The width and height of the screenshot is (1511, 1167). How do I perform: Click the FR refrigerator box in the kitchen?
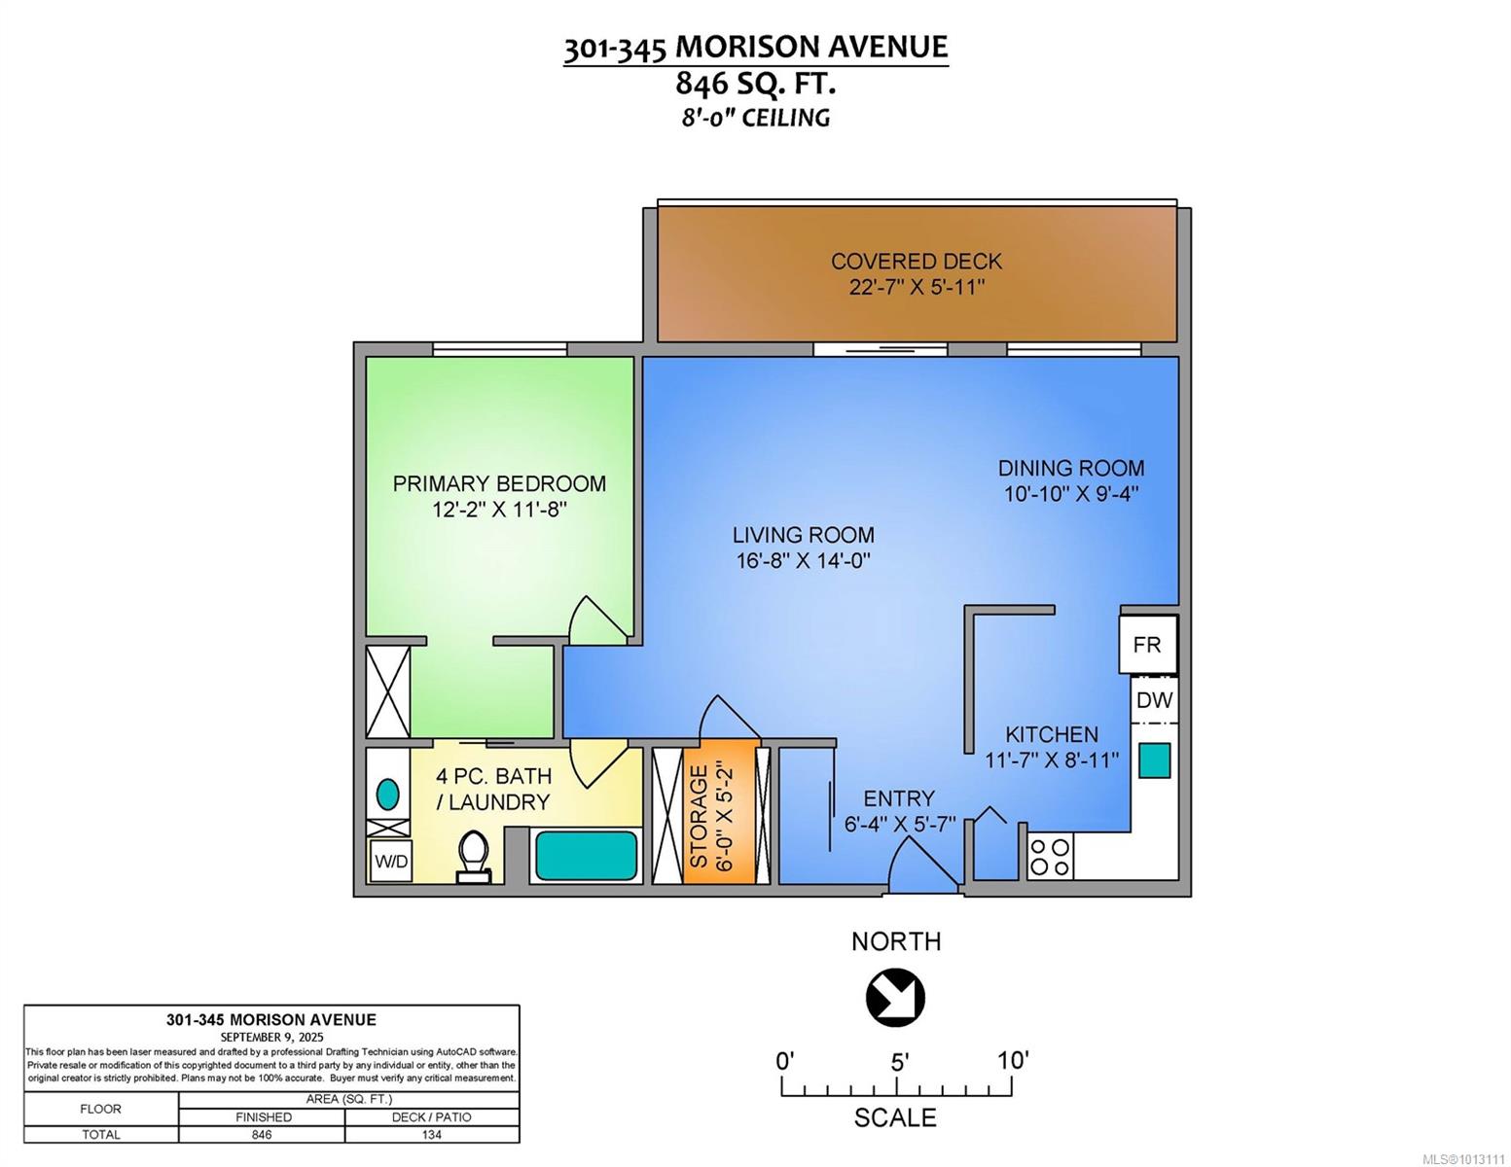[x=1147, y=645]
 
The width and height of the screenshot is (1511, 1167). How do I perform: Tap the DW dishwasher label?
[x=1154, y=700]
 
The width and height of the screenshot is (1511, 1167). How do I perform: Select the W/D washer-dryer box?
[x=391, y=862]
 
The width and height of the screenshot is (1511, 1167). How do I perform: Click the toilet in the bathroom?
[x=474, y=857]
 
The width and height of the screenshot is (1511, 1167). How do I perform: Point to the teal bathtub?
[x=586, y=856]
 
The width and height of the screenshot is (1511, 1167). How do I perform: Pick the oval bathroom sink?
[x=388, y=794]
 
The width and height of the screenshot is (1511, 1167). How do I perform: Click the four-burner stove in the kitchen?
[x=1050, y=857]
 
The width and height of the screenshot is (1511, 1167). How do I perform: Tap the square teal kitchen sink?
[x=1154, y=760]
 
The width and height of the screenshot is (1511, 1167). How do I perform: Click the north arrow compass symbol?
[x=895, y=997]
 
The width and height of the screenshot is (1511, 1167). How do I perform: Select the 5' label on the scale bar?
[x=899, y=1062]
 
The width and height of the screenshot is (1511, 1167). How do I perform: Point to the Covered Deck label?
[x=917, y=262]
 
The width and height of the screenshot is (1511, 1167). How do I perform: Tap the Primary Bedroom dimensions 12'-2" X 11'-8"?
[x=499, y=511]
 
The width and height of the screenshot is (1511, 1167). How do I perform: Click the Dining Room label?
[x=1071, y=468]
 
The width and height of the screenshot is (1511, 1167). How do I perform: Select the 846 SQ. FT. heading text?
[x=755, y=84]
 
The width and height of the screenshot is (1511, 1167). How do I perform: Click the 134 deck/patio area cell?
[x=431, y=1134]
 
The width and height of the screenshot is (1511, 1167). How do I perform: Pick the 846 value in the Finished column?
[x=262, y=1134]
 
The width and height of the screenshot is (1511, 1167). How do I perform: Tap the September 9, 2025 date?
[x=271, y=1037]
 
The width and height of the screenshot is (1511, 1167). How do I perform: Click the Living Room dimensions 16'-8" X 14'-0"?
[x=803, y=560]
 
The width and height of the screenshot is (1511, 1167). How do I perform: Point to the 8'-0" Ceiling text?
[x=755, y=118]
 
